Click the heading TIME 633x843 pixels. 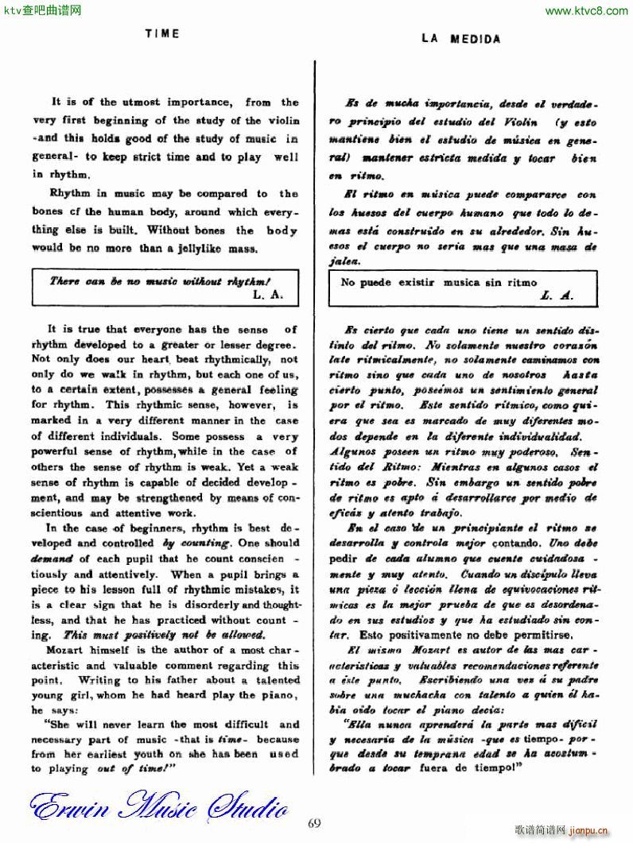pos(162,33)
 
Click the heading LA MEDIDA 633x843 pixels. pos(461,38)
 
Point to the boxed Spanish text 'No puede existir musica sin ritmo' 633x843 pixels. pos(439,282)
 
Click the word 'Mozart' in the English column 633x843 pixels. pos(74,650)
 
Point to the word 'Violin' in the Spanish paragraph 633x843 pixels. pos(519,123)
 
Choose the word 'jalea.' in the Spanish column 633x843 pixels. pos(344,261)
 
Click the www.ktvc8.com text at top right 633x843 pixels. pos(586,10)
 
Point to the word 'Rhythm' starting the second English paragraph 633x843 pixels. pos(69,193)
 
